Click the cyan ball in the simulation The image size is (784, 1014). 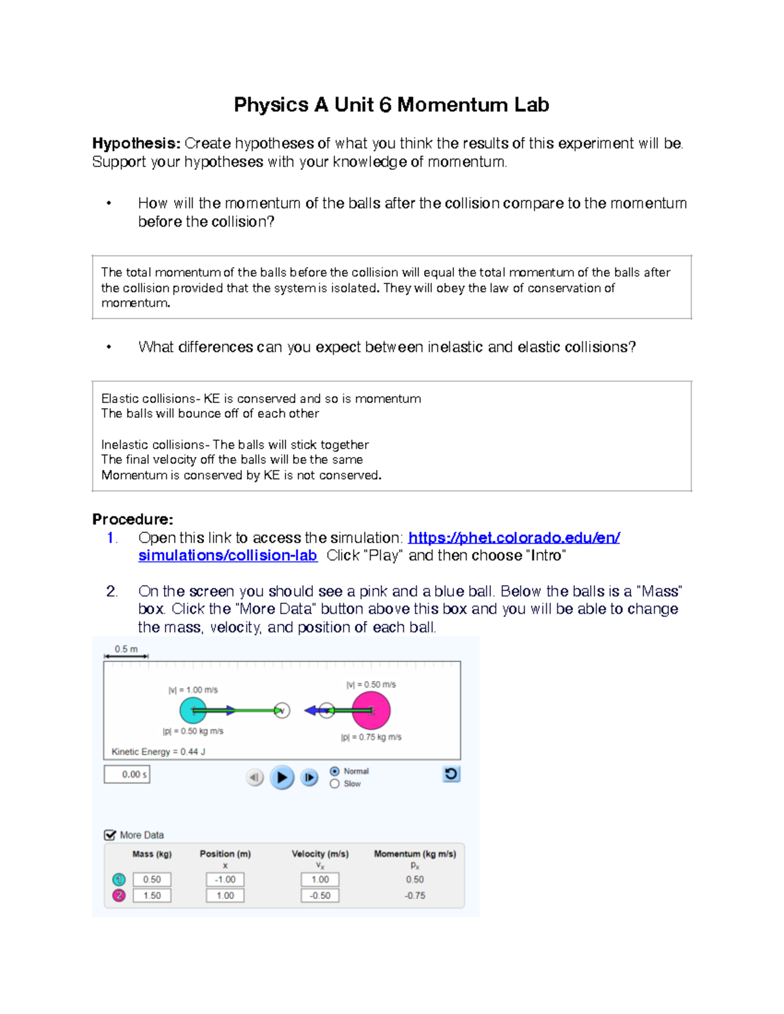193,710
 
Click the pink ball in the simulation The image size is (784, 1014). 371,710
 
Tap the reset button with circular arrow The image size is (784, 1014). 451,774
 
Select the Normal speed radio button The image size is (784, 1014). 335,771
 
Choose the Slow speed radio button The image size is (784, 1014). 335,784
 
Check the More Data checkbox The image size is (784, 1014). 110,835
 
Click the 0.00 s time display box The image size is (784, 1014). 127,774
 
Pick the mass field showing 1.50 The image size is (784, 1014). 152,896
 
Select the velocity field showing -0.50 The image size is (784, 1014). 320,896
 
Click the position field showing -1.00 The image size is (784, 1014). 225,879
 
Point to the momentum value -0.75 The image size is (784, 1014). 415,896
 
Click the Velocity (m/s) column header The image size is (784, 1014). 320,854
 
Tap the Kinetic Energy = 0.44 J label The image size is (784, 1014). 159,752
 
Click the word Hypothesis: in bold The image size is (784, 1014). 136,144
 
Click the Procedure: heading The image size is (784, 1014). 133,520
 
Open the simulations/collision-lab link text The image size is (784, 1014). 227,556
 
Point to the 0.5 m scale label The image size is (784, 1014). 126,649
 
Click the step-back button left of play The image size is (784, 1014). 255,778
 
